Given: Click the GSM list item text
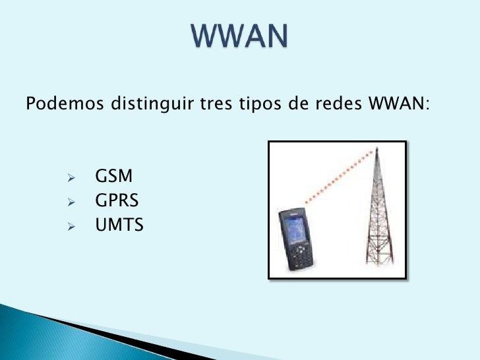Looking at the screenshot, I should point(114,177).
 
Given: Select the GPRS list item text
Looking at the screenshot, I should point(117,201).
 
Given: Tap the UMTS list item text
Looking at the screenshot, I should point(119,225).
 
